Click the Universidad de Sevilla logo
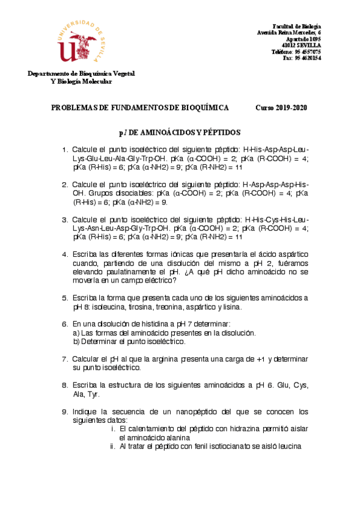tap(82, 43)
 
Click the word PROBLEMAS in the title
tap(73, 107)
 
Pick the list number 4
tap(64, 254)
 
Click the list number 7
tap(64, 359)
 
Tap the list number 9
tap(64, 412)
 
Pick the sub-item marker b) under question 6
tap(76, 342)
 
